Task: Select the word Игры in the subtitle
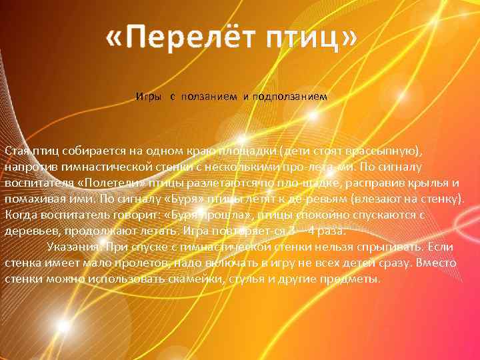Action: click(147, 97)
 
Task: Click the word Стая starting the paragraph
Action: click(15, 149)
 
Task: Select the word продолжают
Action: click(86, 231)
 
